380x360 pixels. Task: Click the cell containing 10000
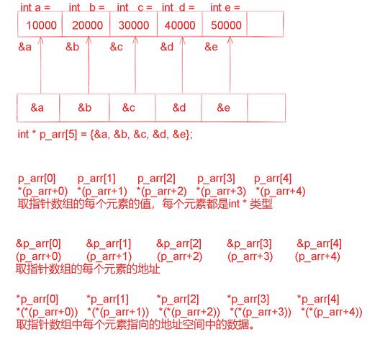click(x=40, y=24)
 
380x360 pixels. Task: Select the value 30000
click(x=133, y=24)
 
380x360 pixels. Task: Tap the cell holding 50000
click(x=226, y=24)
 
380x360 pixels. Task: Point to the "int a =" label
click(x=36, y=7)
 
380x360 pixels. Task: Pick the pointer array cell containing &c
click(x=129, y=108)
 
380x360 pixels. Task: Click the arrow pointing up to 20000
click(x=89, y=65)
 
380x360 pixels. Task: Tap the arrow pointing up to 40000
click(x=184, y=65)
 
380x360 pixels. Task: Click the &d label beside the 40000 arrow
click(x=167, y=47)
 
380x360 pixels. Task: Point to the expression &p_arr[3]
click(x=250, y=244)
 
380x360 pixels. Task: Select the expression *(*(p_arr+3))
click(x=261, y=311)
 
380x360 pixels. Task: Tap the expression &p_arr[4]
click(x=319, y=244)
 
